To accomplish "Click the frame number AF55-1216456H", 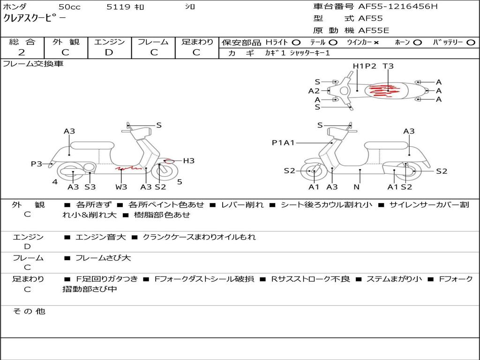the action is tap(398, 6).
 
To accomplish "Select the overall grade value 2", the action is tap(22, 52).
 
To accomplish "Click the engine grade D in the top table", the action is tap(109, 52).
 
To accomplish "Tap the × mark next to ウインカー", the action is tap(376, 43).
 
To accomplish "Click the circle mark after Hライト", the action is tap(296, 43).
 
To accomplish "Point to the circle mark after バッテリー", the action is tap(471, 43).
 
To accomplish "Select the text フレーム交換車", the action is tap(33, 64).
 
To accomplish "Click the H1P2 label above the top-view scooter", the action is tap(364, 66).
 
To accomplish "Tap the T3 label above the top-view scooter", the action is tap(388, 66).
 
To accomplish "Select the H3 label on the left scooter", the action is tap(188, 161).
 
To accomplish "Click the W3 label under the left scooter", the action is tap(121, 187).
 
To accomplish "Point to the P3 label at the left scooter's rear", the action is tap(37, 164).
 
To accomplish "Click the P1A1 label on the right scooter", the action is tap(283, 142).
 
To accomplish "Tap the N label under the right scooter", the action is tap(357, 187).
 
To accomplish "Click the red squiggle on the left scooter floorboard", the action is tap(128, 168).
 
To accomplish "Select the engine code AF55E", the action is tap(374, 30).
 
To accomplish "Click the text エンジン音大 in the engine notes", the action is tap(100, 237).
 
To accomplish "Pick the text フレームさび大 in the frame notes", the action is tap(103, 258).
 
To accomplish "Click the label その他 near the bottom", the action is tap(29, 311).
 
